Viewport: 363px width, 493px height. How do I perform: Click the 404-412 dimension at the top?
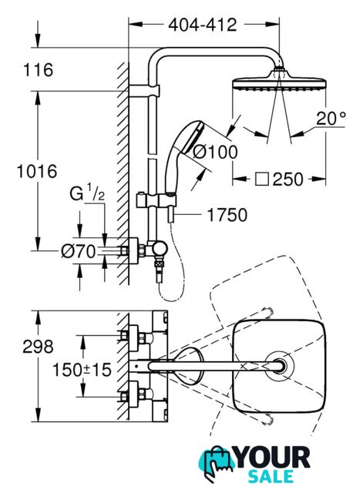202,25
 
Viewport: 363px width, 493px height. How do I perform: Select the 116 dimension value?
39,69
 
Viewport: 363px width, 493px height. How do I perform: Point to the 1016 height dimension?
37,171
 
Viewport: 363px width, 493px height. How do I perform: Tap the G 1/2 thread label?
87,193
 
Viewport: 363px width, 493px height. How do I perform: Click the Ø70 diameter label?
78,251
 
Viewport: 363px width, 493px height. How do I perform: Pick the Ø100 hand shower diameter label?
215,153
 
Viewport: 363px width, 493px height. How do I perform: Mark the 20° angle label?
331,119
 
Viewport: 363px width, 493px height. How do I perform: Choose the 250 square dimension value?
287,179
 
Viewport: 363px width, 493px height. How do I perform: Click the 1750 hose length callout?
227,215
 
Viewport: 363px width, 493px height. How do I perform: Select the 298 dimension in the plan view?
38,347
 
